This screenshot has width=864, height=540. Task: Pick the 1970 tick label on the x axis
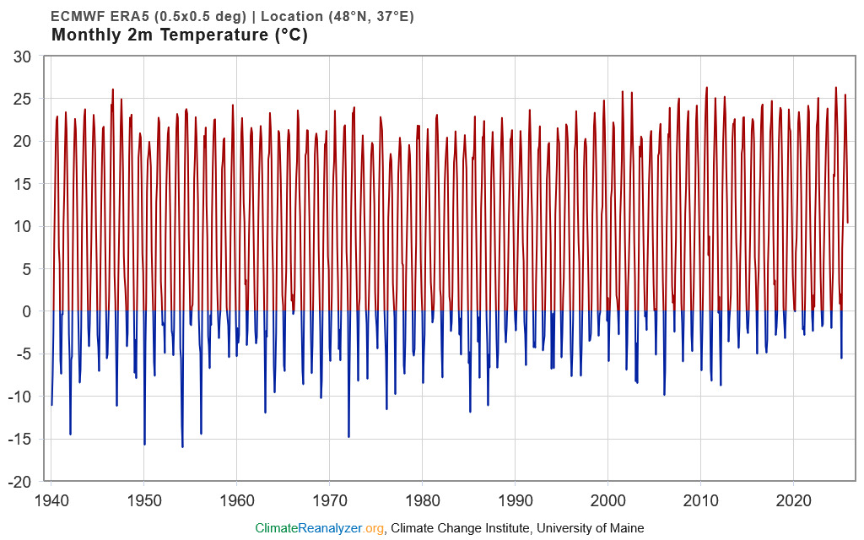click(329, 498)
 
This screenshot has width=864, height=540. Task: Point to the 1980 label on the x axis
click(422, 498)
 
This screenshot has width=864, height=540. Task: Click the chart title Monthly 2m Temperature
click(179, 35)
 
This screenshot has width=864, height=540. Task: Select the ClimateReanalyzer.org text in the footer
click(320, 528)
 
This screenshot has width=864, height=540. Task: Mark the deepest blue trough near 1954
click(182, 446)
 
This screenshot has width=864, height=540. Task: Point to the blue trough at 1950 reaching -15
click(144, 444)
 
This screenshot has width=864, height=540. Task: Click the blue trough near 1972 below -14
click(348, 436)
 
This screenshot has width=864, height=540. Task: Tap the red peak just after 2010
click(707, 88)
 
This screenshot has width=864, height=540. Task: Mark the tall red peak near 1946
click(112, 89)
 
